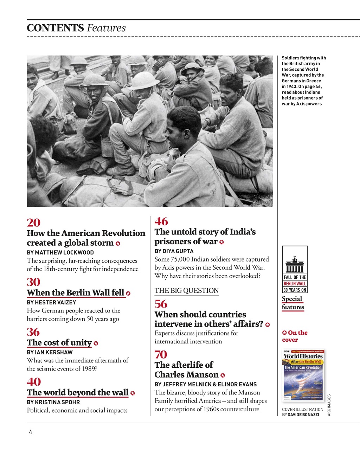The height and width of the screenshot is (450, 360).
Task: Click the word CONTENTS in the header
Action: click(55, 28)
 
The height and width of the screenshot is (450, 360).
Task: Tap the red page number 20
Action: click(34, 223)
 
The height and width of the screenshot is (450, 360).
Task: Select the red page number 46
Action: click(161, 221)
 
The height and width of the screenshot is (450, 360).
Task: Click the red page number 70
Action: click(161, 354)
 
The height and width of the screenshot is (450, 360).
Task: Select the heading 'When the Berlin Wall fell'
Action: click(76, 293)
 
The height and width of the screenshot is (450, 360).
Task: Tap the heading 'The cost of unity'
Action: click(59, 343)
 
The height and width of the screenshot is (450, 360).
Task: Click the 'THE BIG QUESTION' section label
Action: click(187, 291)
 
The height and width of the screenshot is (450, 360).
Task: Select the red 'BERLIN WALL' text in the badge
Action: click(295, 284)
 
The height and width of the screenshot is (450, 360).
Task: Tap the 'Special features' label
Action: click(293, 303)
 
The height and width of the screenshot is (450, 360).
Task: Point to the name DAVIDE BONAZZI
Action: click(303, 415)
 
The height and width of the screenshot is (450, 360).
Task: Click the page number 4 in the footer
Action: click(31, 432)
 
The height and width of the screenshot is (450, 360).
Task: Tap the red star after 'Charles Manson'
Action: click(223, 375)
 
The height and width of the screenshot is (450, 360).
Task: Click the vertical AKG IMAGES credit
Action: click(329, 405)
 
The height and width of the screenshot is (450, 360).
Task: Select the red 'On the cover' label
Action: click(295, 336)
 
